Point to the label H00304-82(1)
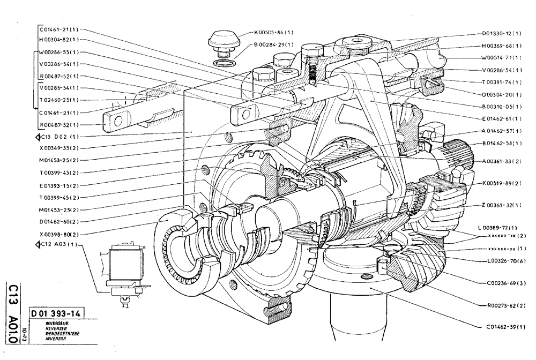59,40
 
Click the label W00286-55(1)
59,52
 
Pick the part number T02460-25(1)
59,100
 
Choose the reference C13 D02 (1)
56,137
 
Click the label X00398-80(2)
59,234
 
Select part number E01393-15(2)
59,185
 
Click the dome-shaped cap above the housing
224,40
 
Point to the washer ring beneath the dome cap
224,63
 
